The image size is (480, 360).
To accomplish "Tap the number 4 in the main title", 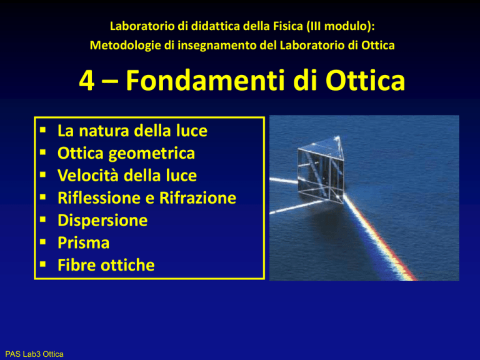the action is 87,80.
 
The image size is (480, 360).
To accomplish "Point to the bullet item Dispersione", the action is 102,221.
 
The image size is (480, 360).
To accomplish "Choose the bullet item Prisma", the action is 84,242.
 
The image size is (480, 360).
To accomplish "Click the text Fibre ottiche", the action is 106,265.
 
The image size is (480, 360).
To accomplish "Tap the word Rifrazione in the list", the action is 197,198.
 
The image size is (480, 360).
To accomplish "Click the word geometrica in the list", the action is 151,154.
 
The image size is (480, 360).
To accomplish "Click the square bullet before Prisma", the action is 43,242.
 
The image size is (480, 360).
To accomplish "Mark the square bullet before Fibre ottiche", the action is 43,264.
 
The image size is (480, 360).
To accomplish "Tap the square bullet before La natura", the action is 43,130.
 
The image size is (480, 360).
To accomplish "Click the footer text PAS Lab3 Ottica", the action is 34,354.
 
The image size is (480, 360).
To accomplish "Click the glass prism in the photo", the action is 321,170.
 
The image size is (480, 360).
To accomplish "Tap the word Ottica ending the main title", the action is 365,80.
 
